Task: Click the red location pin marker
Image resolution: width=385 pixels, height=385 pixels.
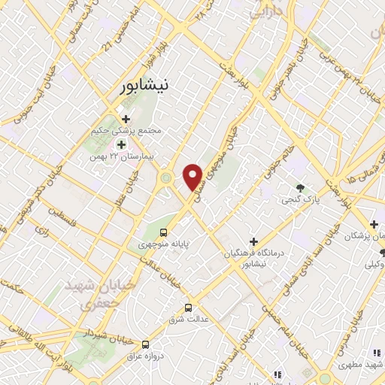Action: tap(193, 176)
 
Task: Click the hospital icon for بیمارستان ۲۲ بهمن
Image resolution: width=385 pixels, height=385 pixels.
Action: tap(120, 144)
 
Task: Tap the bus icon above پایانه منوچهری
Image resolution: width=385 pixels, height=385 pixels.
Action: tap(165, 231)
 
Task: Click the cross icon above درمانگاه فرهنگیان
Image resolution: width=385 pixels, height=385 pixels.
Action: tap(253, 242)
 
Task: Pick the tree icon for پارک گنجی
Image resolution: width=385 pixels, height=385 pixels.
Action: tap(301, 187)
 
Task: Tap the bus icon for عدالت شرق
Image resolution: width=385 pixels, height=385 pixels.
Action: tap(189, 308)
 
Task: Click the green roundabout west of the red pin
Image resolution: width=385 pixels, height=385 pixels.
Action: tap(165, 178)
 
